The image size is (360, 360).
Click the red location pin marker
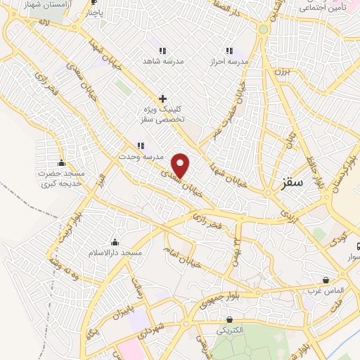tap(181, 165)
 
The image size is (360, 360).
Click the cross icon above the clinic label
tap(162, 99)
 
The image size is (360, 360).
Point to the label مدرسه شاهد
tap(162, 61)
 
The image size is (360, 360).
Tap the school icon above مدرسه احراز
tap(229, 51)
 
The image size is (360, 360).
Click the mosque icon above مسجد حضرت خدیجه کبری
tap(63, 163)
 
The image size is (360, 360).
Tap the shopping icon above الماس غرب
tap(325, 280)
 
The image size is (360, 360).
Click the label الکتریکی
tap(230, 330)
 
